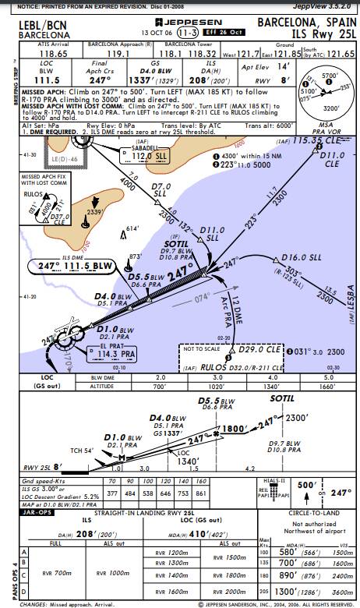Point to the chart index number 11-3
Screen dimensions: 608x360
click(187, 34)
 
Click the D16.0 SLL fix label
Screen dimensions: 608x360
click(297, 256)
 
